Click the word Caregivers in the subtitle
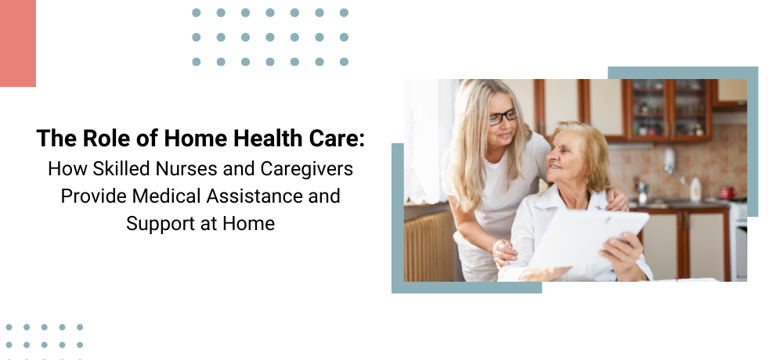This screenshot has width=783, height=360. (x=307, y=169)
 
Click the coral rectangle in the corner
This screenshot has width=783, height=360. (x=18, y=43)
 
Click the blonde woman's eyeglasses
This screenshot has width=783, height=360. (x=503, y=117)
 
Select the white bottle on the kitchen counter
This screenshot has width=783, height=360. (x=695, y=189)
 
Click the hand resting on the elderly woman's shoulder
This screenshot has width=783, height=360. (x=617, y=199)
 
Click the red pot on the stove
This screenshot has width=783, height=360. (x=727, y=193)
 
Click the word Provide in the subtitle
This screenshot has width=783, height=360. (x=94, y=196)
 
